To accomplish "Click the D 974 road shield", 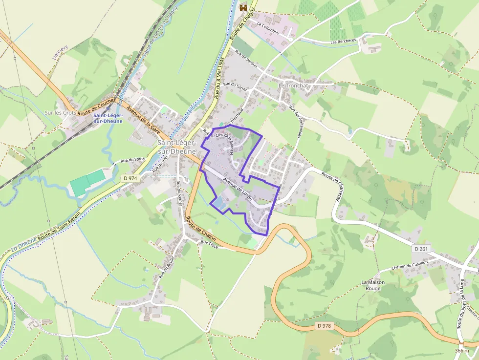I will (x=131, y=179).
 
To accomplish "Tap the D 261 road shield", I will (x=422, y=249).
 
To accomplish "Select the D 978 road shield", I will (x=324, y=326).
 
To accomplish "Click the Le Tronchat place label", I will (x=293, y=85).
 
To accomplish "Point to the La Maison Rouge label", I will (x=373, y=285).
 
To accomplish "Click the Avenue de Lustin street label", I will (x=237, y=189).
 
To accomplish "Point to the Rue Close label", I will (x=209, y=243).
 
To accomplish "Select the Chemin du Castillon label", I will (x=410, y=265).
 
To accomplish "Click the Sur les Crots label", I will (x=61, y=113).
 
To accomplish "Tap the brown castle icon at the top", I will (x=243, y=8).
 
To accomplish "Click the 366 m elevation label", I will (x=461, y=351).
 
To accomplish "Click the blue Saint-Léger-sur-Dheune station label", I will (x=108, y=118).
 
